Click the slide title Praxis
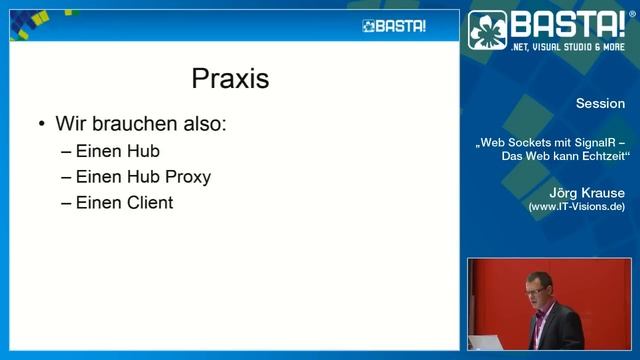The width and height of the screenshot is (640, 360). click(x=230, y=78)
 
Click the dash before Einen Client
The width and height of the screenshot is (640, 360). click(x=66, y=202)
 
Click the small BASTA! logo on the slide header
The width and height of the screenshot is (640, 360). click(x=394, y=26)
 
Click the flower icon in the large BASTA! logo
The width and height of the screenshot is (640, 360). click(x=489, y=31)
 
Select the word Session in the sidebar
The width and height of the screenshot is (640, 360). click(x=600, y=104)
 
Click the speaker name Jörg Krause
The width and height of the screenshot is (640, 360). click(x=587, y=192)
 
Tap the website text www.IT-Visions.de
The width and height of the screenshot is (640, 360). click(x=577, y=206)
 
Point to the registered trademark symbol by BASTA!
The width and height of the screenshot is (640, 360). click(x=631, y=14)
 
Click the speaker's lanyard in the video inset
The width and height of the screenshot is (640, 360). click(x=540, y=325)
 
